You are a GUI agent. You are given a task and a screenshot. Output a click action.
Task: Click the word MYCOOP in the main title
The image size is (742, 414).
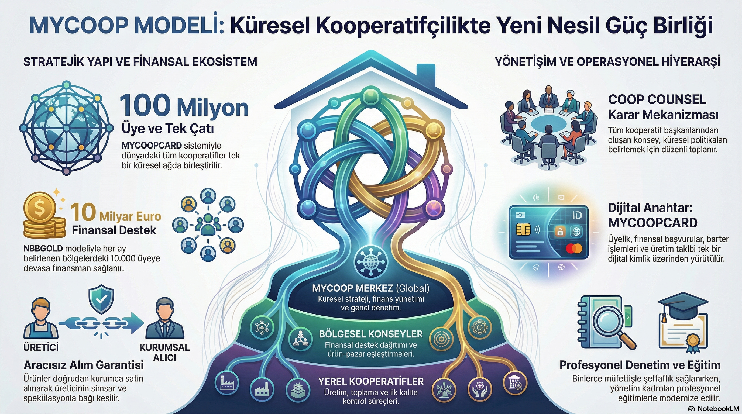click(78, 26)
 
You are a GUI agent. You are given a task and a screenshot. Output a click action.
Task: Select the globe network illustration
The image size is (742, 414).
click(66, 128)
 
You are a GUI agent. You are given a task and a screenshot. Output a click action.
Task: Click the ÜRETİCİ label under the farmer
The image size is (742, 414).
click(41, 347)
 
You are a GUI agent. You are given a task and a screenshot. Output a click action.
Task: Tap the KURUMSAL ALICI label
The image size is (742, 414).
click(164, 352)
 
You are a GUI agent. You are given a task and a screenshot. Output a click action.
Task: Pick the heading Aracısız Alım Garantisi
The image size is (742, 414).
click(84, 365)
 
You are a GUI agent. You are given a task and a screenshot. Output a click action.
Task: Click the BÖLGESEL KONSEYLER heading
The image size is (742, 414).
click(371, 334)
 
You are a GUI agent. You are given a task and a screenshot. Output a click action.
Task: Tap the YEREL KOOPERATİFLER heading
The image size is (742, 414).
click(371, 381)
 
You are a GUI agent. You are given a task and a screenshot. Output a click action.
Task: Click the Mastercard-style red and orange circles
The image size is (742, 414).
click(574, 248)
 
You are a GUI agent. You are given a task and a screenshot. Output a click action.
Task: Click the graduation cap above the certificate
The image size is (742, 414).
click(683, 305)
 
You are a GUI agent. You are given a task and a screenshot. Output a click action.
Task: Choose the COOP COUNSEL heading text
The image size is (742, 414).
click(657, 100)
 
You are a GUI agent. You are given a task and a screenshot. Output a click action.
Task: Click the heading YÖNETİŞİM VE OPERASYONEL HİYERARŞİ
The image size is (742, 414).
click(607, 62)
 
